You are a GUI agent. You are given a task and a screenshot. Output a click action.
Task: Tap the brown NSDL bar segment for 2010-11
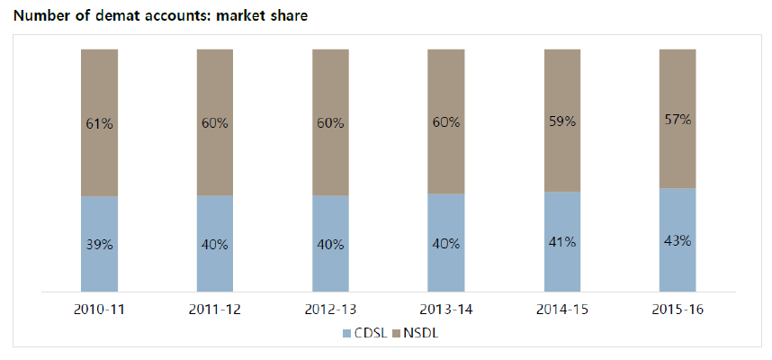pyautogui.click(x=99, y=90)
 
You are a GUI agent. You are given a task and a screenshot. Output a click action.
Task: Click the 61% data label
pyautogui.click(x=99, y=124)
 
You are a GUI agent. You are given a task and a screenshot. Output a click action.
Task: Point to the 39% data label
pyautogui.click(x=99, y=245)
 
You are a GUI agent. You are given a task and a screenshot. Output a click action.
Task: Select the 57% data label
pyautogui.click(x=678, y=120)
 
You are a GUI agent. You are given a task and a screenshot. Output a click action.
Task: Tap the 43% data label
pyautogui.click(x=678, y=240)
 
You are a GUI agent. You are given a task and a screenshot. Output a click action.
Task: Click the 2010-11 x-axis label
pyautogui.click(x=99, y=310)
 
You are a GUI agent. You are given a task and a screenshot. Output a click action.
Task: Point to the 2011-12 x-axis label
pyautogui.click(x=215, y=310)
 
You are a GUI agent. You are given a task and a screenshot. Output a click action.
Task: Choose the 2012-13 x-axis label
pyautogui.click(x=330, y=310)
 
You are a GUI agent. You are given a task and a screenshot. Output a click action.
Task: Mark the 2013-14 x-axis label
pyautogui.click(x=446, y=310)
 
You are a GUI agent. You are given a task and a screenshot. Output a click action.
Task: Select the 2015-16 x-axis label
pyautogui.click(x=678, y=310)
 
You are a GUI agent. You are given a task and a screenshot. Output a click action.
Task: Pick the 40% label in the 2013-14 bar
pyautogui.click(x=446, y=244)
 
